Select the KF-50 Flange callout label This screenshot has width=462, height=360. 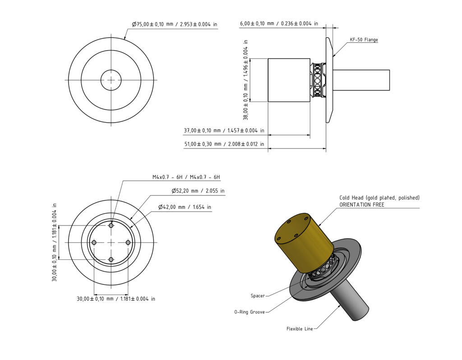click(x=364, y=40)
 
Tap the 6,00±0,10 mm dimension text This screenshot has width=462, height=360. click(x=279, y=23)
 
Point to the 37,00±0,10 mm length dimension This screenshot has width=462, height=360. click(x=224, y=131)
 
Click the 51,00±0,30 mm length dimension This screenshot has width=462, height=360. click(x=224, y=144)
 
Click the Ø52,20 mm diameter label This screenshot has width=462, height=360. click(x=198, y=191)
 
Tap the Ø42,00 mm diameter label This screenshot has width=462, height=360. click(x=185, y=208)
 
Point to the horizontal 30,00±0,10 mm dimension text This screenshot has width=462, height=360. click(x=116, y=299)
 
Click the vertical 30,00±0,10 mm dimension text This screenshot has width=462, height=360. click(x=55, y=242)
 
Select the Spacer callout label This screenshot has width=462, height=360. click(x=258, y=296)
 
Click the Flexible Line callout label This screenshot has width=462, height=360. click(x=299, y=329)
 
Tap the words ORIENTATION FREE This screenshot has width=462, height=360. click(x=362, y=205)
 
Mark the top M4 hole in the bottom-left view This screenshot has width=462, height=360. click(x=111, y=225)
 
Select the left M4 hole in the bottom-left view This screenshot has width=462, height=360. click(x=94, y=243)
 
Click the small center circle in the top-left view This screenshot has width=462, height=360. click(x=111, y=80)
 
